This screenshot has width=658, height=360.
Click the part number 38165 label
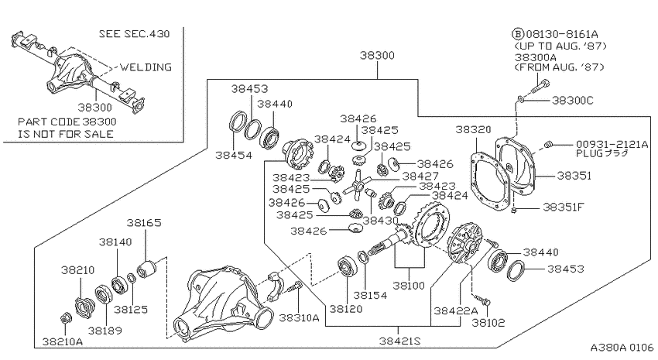pos(144,222)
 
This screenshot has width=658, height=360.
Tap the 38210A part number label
pos(63,342)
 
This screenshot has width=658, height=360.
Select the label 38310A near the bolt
pos(300,317)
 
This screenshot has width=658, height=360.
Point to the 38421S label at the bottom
pos(399,341)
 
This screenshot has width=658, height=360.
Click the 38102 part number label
pos(488,323)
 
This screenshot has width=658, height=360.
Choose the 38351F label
pos(564,207)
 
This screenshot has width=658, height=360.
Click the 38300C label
pos(572,101)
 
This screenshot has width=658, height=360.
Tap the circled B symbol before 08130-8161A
pos(518,34)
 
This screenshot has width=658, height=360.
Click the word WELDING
pos(146,67)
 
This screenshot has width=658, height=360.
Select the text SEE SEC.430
pos(134,33)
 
